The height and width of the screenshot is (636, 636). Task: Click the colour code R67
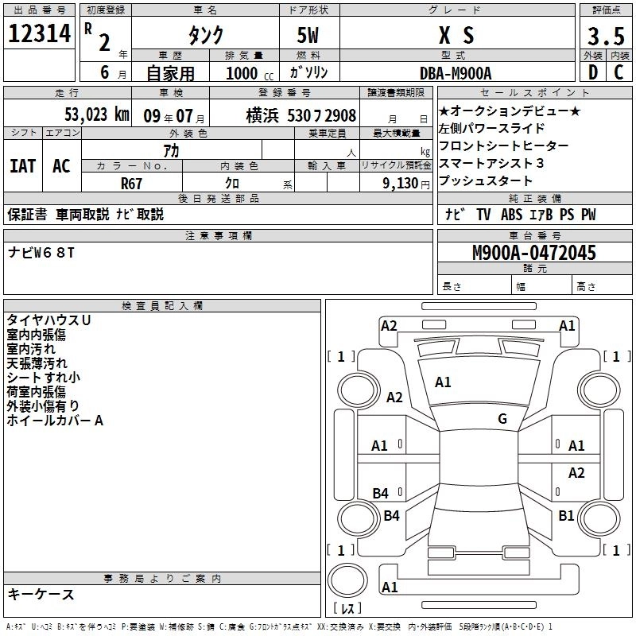click(131, 182)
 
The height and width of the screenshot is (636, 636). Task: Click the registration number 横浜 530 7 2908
click(301, 114)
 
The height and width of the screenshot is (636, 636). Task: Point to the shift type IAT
click(22, 165)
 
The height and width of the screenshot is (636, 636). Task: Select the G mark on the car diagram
click(502, 419)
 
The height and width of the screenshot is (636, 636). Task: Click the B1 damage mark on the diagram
click(566, 515)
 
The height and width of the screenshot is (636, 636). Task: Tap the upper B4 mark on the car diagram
click(380, 494)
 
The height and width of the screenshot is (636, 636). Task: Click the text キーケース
click(41, 594)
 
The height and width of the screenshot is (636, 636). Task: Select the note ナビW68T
click(41, 253)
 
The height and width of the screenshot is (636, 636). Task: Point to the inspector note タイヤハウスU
click(48, 320)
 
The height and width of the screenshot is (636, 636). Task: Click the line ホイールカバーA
click(55, 420)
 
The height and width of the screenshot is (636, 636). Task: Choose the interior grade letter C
click(619, 72)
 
